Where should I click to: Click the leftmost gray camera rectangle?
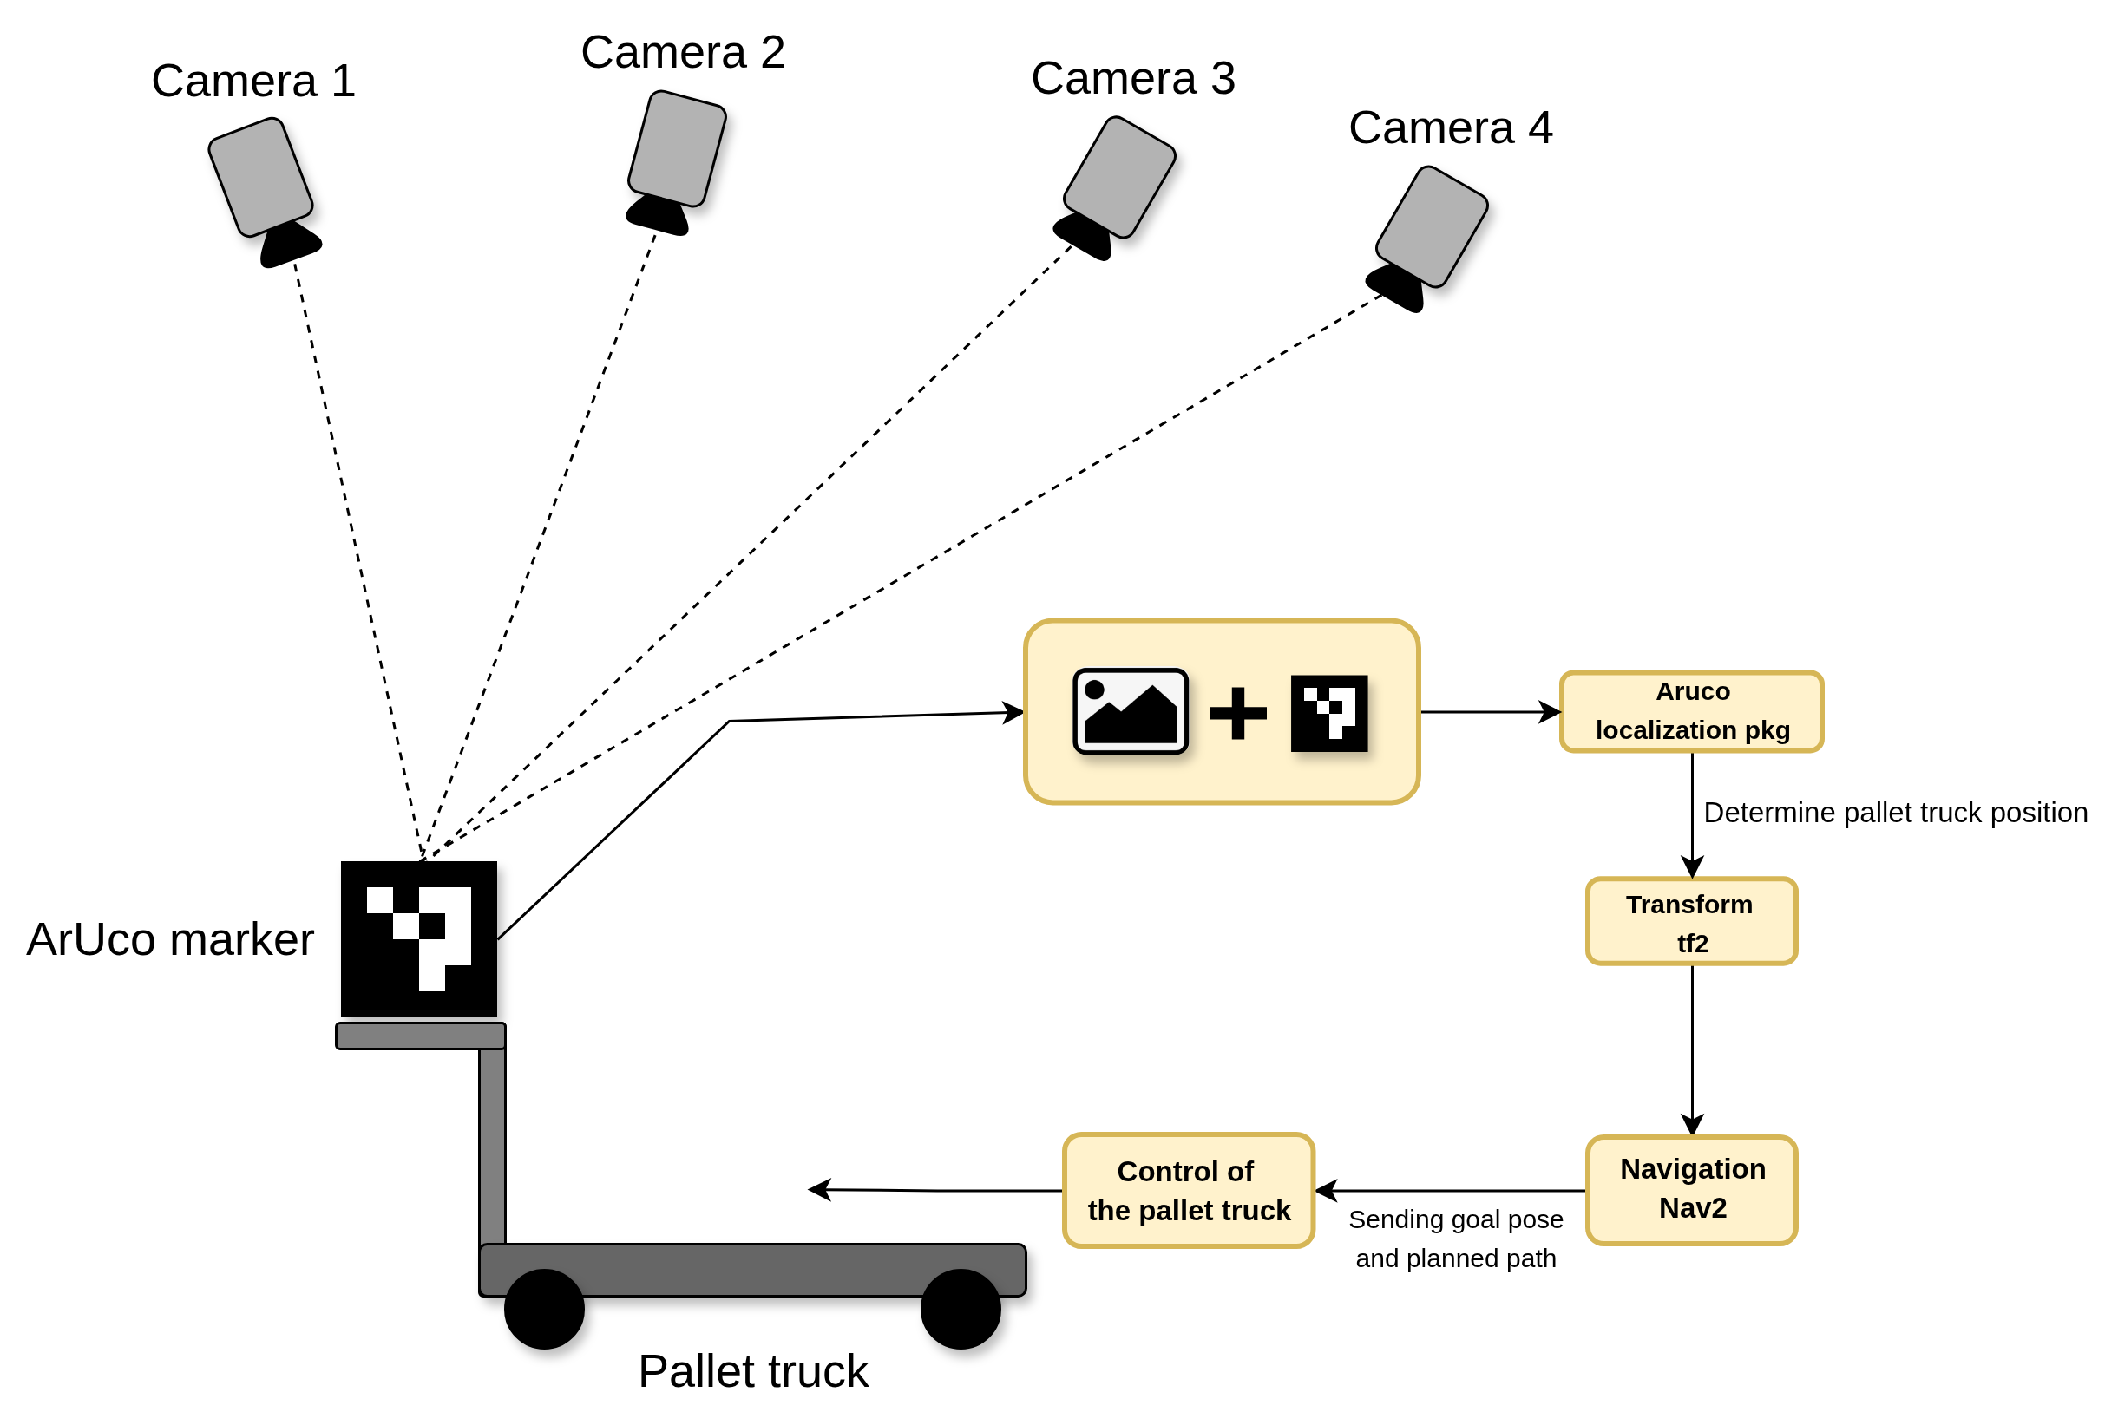pos(261,177)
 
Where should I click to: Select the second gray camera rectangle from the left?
pos(677,149)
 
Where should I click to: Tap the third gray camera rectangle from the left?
pos(1119,177)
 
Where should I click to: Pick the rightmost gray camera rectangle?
pos(1432,226)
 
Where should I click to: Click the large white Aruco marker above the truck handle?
pos(420,938)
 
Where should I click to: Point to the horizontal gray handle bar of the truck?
pos(420,1036)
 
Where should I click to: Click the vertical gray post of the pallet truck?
pos(492,1145)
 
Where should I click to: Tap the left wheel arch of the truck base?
pos(543,1284)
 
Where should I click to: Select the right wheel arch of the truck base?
pos(961,1284)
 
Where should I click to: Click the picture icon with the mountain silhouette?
pos(1130,711)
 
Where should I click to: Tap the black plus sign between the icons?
pos(1237,714)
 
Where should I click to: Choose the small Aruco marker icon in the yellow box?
pos(1329,714)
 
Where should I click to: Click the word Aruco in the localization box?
pos(1693,691)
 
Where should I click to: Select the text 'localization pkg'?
pos(1693,730)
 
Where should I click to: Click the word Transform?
pos(1689,905)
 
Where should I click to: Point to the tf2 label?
pos(1693,944)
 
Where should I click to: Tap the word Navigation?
pos(1693,1169)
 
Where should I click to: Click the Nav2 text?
pos(1693,1208)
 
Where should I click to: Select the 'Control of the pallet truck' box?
pos(1189,1191)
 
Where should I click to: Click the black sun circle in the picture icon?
pos(1094,690)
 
